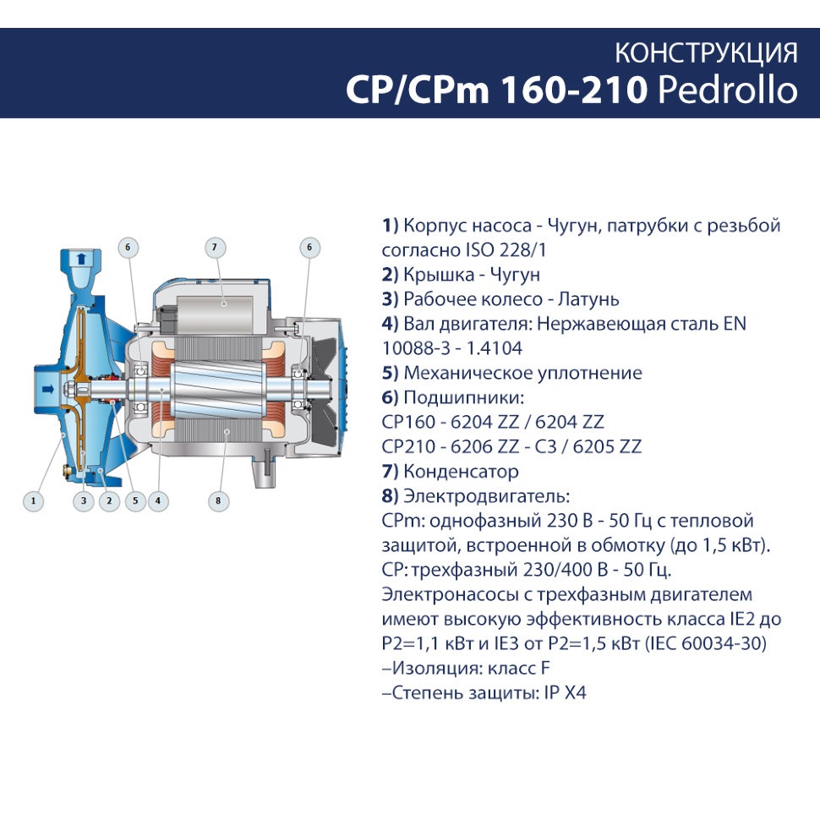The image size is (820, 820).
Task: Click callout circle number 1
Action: tap(34, 500)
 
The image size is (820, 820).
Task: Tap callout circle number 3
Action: tap(84, 500)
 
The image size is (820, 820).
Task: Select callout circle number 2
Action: tap(109, 500)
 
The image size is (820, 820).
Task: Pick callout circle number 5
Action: tap(135, 500)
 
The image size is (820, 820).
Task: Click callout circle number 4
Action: tap(158, 500)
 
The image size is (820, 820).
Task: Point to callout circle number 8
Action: tap(218, 500)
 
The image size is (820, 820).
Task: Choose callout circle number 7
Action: tap(215, 248)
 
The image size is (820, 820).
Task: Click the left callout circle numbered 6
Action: tap(128, 248)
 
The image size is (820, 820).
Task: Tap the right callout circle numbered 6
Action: tap(309, 248)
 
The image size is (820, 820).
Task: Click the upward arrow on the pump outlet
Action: tap(80, 259)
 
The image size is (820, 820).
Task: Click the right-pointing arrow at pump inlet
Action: tap(48, 389)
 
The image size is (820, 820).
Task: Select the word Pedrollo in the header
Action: tap(728, 90)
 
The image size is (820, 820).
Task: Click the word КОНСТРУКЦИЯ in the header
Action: tap(706, 53)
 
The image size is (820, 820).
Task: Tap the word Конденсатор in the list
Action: tap(462, 471)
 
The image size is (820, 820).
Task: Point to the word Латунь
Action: tap(588, 299)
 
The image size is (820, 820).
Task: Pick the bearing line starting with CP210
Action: tap(511, 446)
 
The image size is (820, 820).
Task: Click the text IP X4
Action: tap(565, 692)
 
